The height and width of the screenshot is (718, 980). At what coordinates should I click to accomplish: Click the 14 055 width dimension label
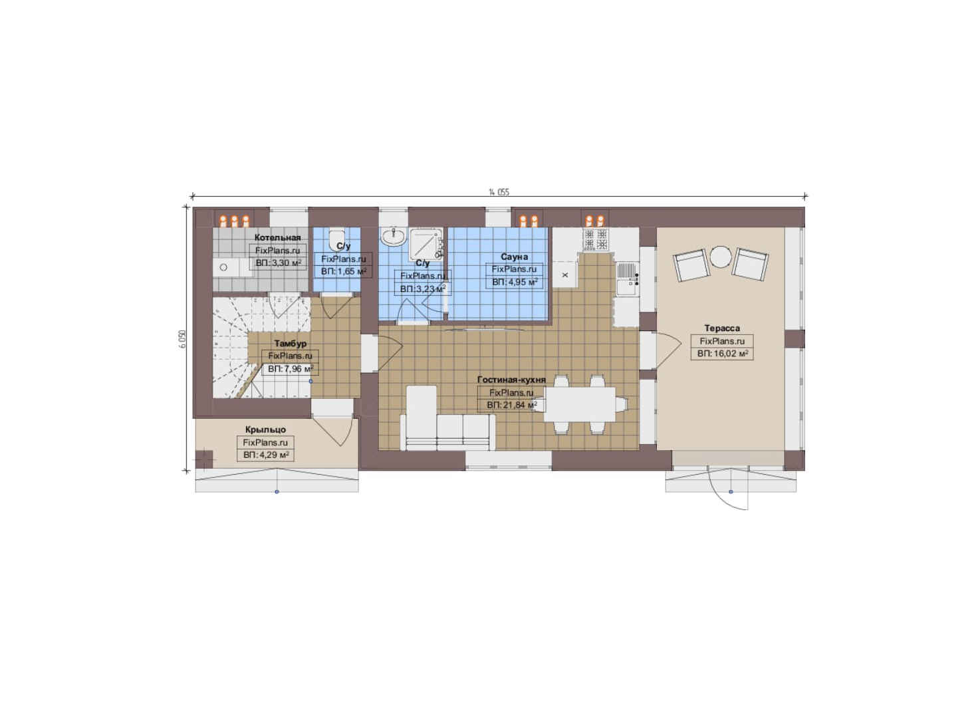(x=499, y=192)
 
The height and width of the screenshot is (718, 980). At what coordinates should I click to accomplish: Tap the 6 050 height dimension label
(x=182, y=338)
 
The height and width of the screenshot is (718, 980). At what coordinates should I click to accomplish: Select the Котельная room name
(x=277, y=237)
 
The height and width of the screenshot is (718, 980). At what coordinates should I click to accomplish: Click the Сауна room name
(x=514, y=257)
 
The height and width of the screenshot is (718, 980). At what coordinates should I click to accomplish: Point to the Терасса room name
(x=722, y=328)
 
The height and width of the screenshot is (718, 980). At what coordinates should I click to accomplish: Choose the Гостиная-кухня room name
(x=511, y=380)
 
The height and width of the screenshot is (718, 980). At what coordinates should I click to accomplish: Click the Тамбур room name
(x=291, y=344)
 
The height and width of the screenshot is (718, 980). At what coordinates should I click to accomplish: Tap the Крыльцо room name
(x=265, y=430)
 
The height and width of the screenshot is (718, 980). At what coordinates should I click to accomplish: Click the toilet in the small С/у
(x=336, y=239)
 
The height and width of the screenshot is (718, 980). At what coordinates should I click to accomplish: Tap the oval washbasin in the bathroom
(x=394, y=237)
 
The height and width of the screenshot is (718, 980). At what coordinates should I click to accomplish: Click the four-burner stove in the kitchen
(x=596, y=239)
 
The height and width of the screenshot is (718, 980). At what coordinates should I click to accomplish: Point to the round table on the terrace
(x=720, y=257)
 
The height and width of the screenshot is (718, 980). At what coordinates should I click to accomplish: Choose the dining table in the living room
(x=580, y=404)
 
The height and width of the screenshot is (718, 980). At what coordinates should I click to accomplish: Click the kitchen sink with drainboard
(x=627, y=279)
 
